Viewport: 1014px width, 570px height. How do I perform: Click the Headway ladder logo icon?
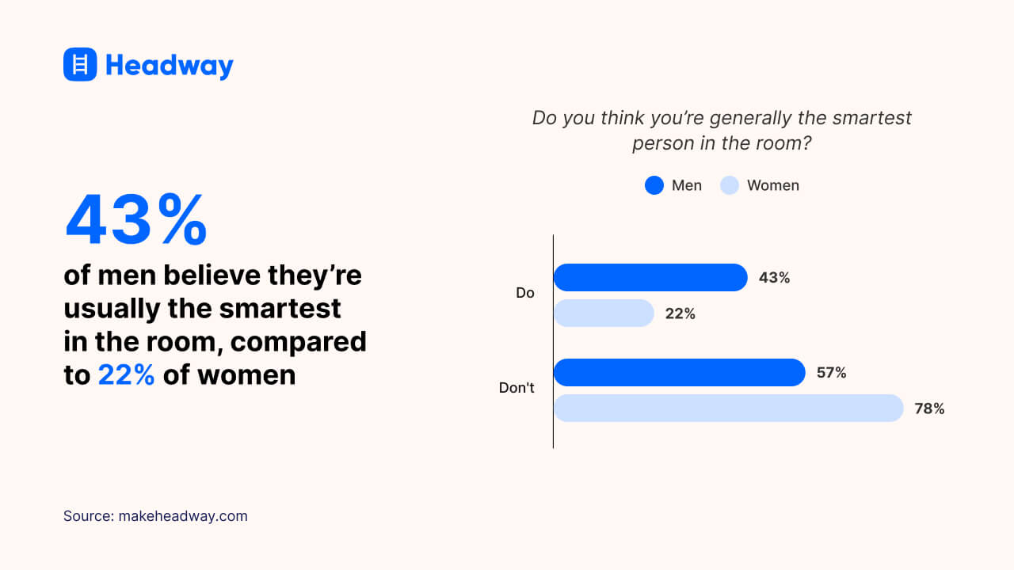click(80, 64)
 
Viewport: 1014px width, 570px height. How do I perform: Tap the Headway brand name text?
click(170, 65)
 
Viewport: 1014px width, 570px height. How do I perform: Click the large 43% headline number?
click(135, 219)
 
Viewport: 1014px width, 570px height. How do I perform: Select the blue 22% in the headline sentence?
click(126, 374)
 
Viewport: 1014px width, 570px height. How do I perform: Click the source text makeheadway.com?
click(183, 516)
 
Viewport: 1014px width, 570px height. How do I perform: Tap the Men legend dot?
click(654, 185)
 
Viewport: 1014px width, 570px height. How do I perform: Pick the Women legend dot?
click(729, 185)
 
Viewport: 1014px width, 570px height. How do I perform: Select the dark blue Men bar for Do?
click(650, 278)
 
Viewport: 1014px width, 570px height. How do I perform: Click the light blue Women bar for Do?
click(603, 313)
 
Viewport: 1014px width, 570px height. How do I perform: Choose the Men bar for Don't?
click(679, 372)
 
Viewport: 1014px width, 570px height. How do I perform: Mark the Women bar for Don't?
click(728, 408)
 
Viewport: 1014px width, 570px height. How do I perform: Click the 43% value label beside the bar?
click(774, 278)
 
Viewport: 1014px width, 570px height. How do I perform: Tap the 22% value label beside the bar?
click(680, 313)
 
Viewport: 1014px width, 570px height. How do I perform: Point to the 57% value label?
click(831, 372)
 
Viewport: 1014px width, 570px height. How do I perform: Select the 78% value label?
click(929, 408)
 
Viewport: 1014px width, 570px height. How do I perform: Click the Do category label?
click(525, 293)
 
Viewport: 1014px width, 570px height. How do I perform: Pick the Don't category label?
click(517, 388)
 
